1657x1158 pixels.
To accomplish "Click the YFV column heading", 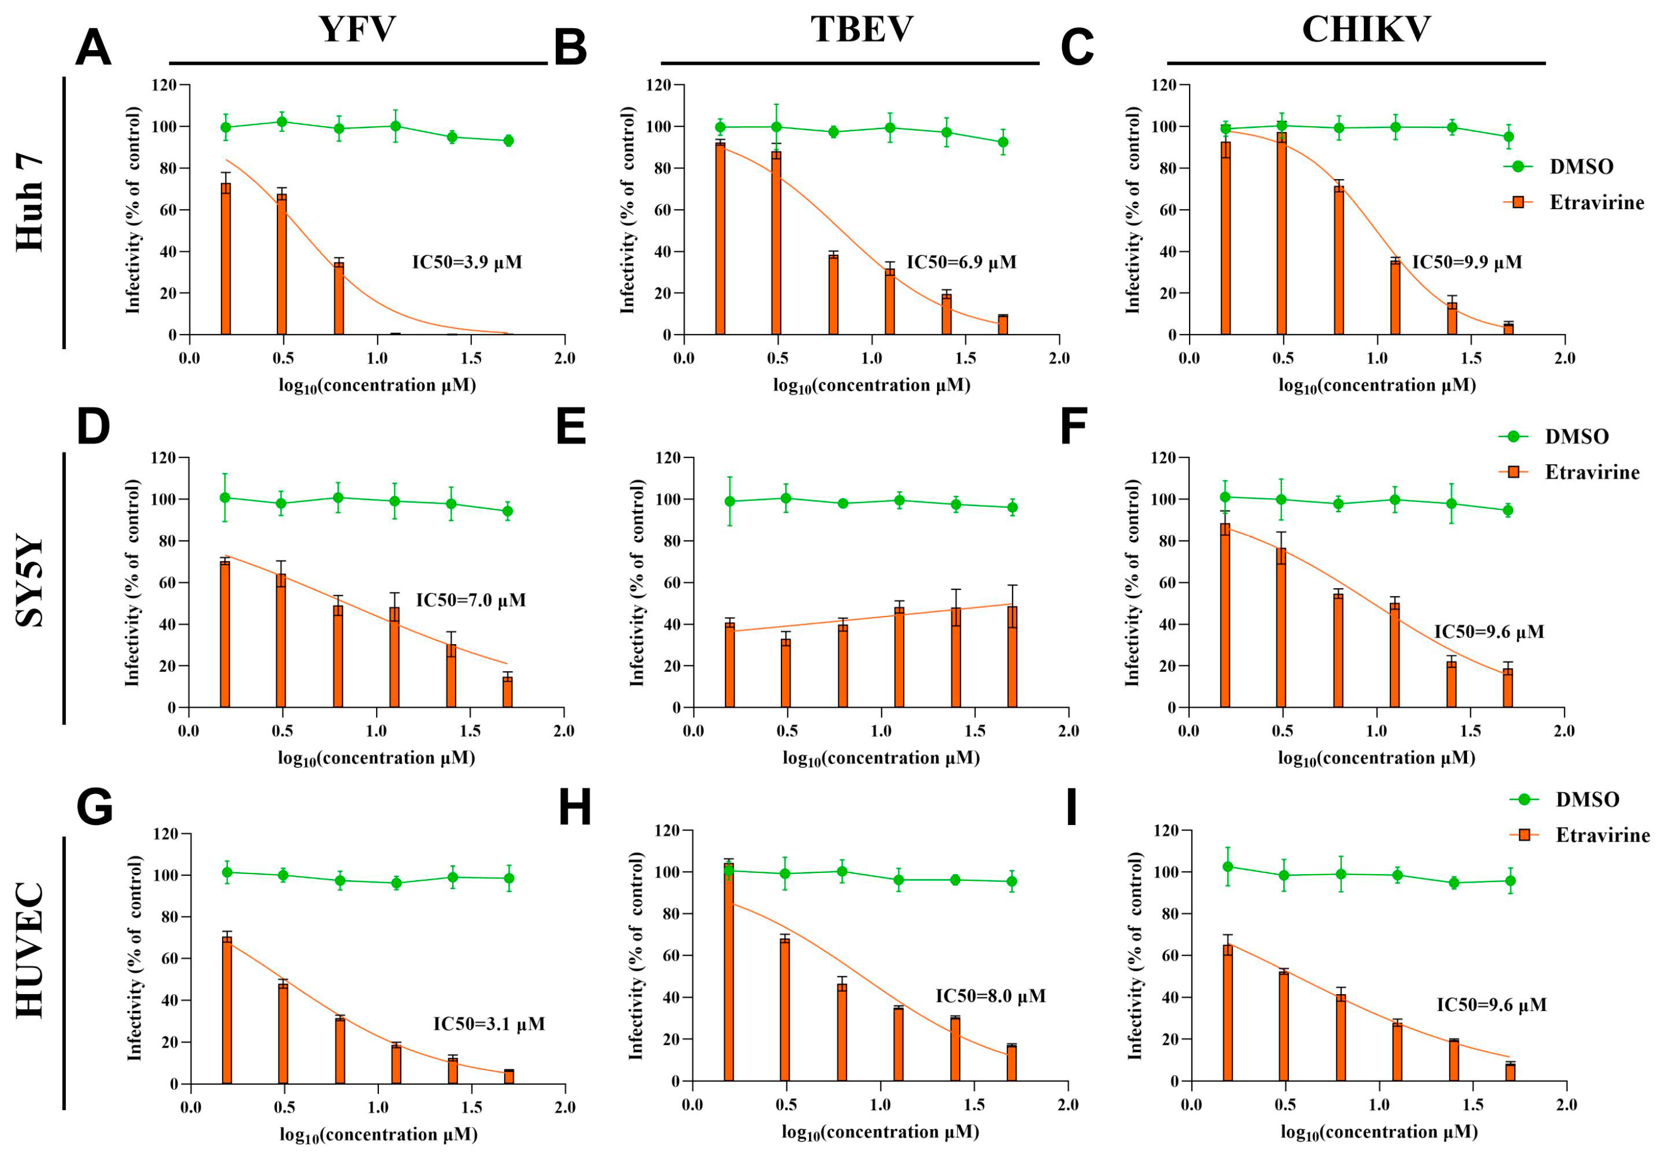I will point(357,30).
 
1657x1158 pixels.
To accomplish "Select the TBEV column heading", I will point(861,30).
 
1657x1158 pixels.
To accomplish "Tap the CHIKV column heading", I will point(1366,30).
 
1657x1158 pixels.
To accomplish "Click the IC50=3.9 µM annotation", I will point(467,262).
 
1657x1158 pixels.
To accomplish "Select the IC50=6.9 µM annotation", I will point(961,262).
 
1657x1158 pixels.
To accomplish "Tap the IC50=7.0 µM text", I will point(471,600).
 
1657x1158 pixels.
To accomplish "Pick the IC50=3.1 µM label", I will point(489,1024).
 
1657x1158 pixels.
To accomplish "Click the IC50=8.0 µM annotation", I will point(990,996).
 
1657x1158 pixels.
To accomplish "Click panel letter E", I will point(571,427).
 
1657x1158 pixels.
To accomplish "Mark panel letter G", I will point(95,806).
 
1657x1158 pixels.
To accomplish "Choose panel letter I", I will point(1072,806).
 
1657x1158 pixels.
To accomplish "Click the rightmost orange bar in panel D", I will point(507,691).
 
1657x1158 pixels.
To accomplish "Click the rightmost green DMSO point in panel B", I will point(1003,142).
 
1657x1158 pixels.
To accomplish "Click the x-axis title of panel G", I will point(378,1135).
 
